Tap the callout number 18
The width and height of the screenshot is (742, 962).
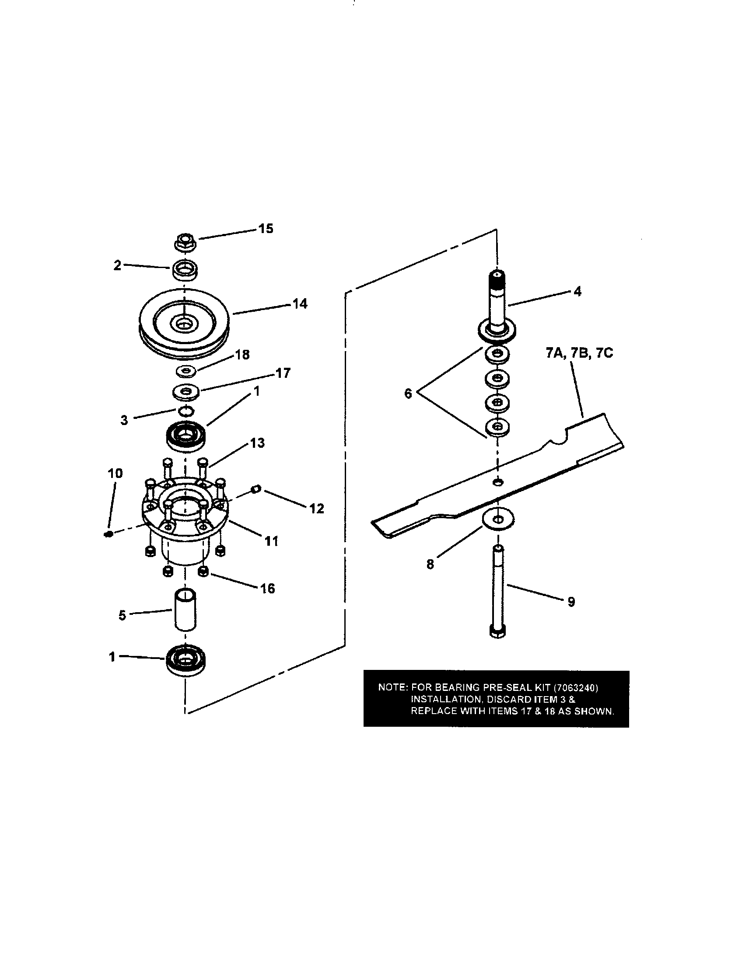pos(242,355)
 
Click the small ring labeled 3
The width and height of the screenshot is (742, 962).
pos(185,411)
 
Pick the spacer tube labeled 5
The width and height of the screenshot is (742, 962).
pos(185,610)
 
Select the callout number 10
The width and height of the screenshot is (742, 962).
pos(115,474)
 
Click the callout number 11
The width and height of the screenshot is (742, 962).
pos(271,541)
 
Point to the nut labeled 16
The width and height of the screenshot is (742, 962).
pos(203,572)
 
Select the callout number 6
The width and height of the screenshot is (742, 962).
pos(408,394)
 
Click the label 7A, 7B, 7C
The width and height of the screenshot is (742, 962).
pos(579,353)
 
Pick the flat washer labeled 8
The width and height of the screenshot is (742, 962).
pos(497,519)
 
